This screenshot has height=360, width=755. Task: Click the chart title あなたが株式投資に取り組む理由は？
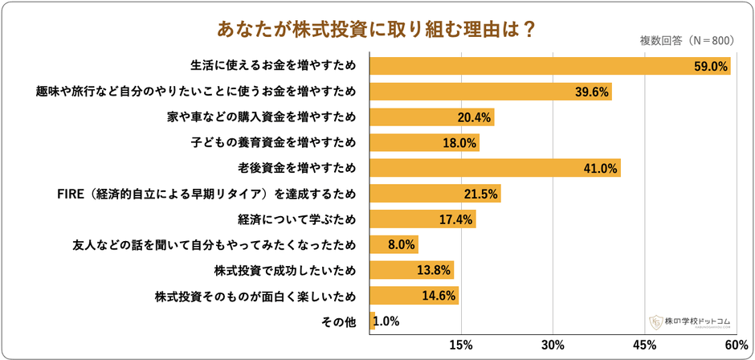click(x=377, y=28)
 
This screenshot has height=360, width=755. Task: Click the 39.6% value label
click(x=593, y=91)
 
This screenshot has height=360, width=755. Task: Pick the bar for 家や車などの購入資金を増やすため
click(x=431, y=117)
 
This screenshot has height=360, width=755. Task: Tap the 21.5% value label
click(x=481, y=194)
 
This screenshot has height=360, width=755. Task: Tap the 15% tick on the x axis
click(x=461, y=345)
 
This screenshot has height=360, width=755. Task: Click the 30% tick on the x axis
click(x=552, y=345)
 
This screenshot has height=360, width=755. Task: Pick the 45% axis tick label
click(x=644, y=345)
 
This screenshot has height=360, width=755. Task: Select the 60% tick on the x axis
click(x=735, y=345)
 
